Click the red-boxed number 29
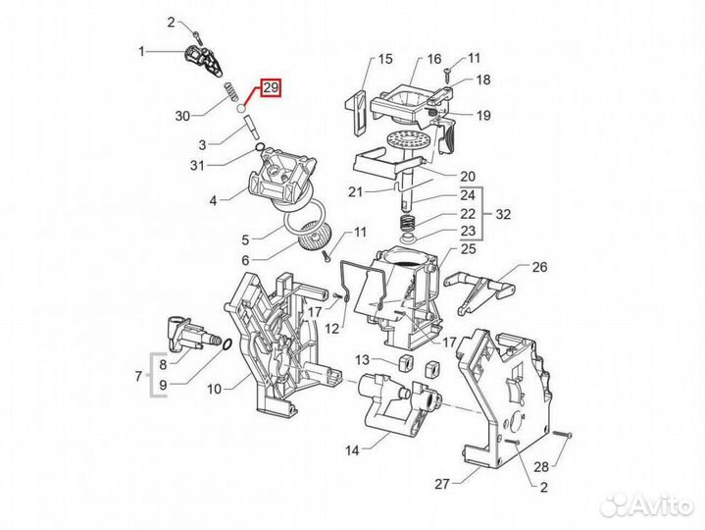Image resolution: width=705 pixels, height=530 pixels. pos(270,88)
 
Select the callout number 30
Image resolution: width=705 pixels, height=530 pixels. pos(182,116)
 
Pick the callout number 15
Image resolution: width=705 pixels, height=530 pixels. pos(382,59)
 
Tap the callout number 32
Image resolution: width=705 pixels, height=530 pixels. pos(504,213)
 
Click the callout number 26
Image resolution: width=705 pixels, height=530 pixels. pos(538,267)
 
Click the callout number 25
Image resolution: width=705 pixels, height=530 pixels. pos(468,249)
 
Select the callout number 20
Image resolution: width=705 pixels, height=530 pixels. pos(468,177)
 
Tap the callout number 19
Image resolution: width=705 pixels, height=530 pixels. pos(483,116)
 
